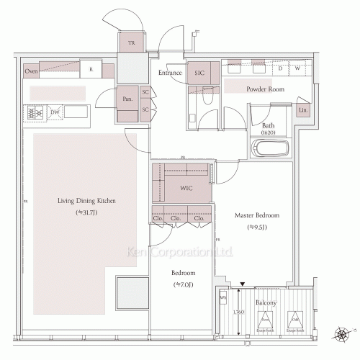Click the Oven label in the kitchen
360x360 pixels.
coord(31,71)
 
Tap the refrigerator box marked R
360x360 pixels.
coord(91,71)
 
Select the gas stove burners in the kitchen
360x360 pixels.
coord(35,112)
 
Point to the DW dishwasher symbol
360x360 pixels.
coord(55,113)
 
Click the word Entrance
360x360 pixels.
coord(170,73)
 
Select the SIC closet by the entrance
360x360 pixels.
coord(199,73)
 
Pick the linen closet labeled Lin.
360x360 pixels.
coord(303,109)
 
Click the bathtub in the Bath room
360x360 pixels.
coord(271,150)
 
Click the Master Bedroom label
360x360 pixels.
coord(257,215)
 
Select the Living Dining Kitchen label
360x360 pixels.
coord(86,201)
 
